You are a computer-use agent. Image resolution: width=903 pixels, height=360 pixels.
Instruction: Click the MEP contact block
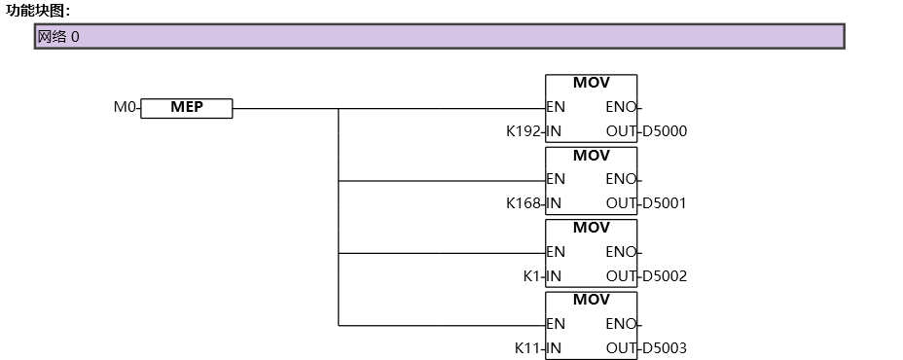click(187, 108)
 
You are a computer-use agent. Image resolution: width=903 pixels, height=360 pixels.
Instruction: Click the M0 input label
click(125, 108)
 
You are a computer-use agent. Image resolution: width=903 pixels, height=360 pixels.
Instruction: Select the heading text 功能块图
click(37, 11)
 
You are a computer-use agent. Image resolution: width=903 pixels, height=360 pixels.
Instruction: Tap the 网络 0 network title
click(58, 37)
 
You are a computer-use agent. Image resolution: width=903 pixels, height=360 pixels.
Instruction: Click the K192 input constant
click(524, 131)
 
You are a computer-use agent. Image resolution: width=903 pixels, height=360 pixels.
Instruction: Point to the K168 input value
click(524, 203)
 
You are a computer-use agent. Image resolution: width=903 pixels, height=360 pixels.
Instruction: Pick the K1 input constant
click(531, 276)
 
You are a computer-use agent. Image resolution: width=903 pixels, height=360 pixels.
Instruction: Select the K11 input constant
click(527, 348)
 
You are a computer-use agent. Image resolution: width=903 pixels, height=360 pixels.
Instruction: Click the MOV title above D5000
click(591, 84)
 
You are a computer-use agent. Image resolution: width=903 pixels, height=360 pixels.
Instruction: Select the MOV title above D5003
click(591, 301)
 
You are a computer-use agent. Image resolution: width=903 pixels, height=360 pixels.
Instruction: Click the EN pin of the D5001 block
click(556, 180)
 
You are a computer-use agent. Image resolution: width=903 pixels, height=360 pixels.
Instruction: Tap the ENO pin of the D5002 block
click(621, 252)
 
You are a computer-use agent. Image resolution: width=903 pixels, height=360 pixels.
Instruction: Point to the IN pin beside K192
click(554, 131)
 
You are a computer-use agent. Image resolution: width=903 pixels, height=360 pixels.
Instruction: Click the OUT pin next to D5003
click(621, 348)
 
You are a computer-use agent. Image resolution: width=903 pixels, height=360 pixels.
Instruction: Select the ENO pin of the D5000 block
click(621, 108)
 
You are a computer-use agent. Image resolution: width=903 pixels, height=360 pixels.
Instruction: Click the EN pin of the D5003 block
click(556, 324)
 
